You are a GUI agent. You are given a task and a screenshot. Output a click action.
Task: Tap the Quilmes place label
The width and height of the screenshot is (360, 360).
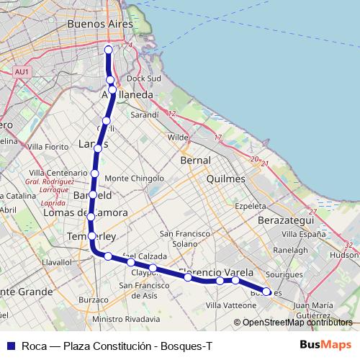point(225,179)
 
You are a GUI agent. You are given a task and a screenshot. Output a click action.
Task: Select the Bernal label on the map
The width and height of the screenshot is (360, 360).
point(196,160)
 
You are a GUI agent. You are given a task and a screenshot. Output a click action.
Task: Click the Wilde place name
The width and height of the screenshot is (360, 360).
point(178,137)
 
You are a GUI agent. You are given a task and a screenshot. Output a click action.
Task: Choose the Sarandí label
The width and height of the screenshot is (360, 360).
point(144,114)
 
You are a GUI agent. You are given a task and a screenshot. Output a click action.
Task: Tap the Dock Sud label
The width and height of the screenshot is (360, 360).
point(143,78)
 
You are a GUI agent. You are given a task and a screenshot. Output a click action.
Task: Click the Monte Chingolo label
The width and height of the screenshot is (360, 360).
point(135,178)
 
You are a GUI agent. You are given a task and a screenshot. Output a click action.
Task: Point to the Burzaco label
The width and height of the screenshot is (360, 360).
point(93,300)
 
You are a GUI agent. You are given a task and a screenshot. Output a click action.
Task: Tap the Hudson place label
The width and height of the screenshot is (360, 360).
point(343,254)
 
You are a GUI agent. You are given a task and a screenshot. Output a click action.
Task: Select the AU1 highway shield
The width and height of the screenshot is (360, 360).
point(22,72)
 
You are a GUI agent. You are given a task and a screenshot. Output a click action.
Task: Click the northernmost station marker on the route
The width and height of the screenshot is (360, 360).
point(109,50)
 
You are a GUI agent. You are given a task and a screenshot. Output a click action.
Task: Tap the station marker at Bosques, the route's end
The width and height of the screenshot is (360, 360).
point(267,292)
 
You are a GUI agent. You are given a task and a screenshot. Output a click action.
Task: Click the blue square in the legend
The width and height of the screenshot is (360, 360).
point(10,345)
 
